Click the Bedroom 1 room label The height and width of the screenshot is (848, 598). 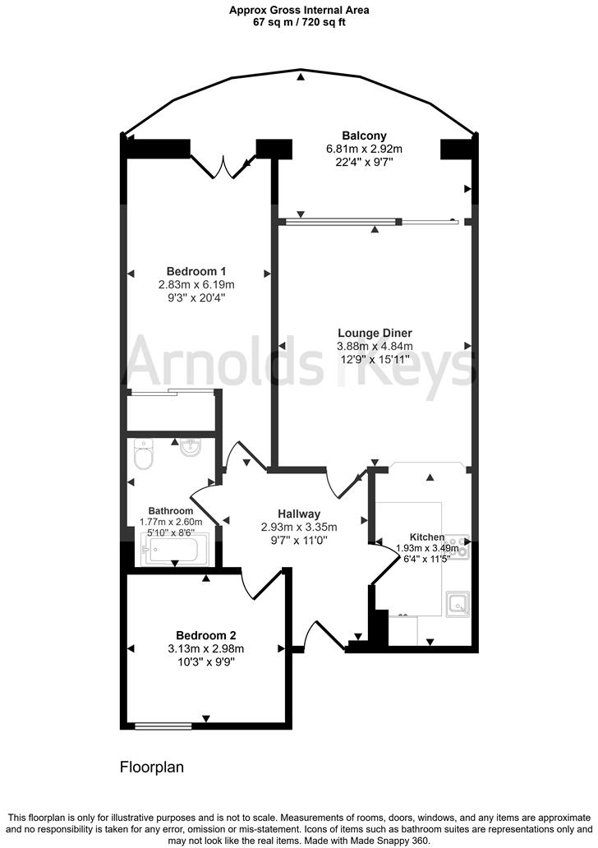pyautogui.click(x=195, y=271)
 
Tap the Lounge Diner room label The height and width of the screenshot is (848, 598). pyautogui.click(x=375, y=333)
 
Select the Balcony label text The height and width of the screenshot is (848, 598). pyautogui.click(x=364, y=136)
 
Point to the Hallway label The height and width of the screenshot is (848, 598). pyautogui.click(x=298, y=514)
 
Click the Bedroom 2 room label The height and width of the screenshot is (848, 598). pyautogui.click(x=206, y=635)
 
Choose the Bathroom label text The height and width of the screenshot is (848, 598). pyautogui.click(x=170, y=509)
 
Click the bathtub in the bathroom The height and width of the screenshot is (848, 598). pyautogui.click(x=176, y=550)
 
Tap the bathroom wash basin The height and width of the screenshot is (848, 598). pyautogui.click(x=191, y=449)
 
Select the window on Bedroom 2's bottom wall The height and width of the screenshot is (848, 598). pyautogui.click(x=163, y=726)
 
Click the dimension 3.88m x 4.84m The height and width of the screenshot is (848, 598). pyautogui.click(x=375, y=346)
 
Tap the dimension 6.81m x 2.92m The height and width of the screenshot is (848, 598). pyautogui.click(x=364, y=149)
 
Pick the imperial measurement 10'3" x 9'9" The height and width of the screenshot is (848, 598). pyautogui.click(x=206, y=661)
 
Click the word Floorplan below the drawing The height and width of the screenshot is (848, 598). pyautogui.click(x=152, y=767)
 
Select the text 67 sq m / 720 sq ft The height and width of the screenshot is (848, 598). pyautogui.click(x=299, y=23)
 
